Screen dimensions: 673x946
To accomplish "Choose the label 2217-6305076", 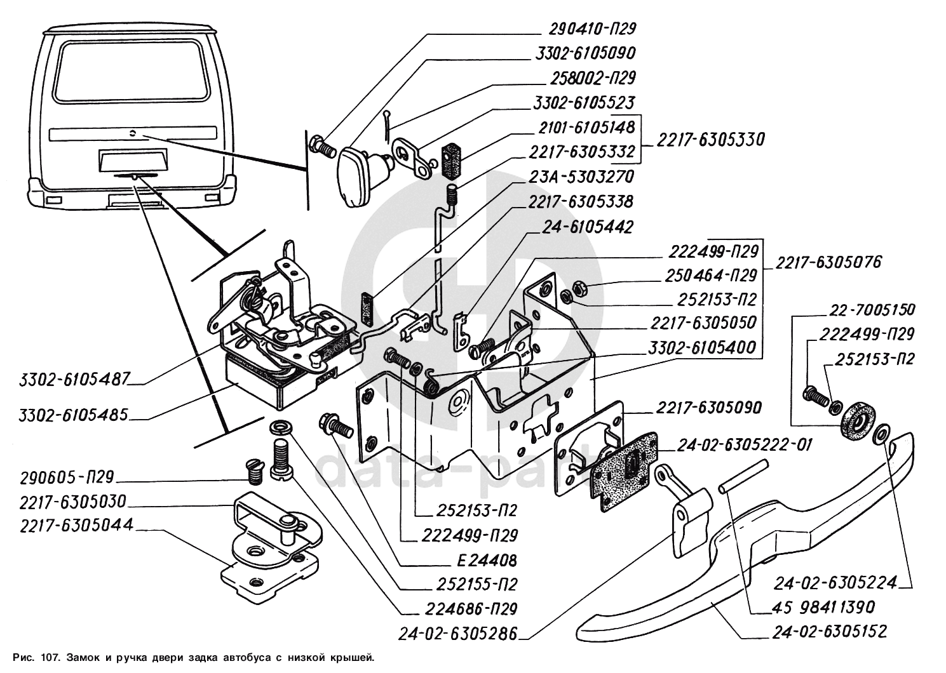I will point(827,262).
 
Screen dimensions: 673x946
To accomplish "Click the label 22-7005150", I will point(872,310).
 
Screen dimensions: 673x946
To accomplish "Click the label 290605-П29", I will point(66,477).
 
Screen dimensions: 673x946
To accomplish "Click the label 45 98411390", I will point(825,607).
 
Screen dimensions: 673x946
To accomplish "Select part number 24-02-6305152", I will point(830,632).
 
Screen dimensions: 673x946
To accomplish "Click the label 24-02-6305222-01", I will point(744,445).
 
